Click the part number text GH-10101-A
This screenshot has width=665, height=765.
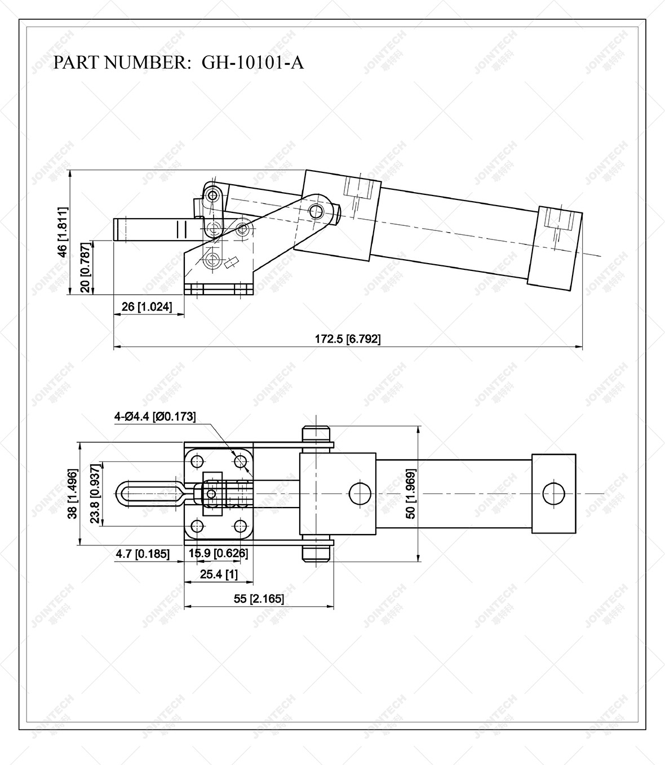click(x=252, y=63)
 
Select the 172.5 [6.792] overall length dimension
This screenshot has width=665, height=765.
click(x=348, y=339)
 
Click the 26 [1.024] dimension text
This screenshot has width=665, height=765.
click(x=146, y=307)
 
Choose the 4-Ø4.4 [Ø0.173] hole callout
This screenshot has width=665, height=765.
click(x=155, y=417)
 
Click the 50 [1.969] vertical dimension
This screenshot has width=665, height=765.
click(x=411, y=493)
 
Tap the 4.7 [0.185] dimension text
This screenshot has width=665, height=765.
click(x=142, y=554)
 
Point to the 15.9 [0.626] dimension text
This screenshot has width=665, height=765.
click(x=218, y=553)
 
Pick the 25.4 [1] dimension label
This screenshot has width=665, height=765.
click(x=219, y=575)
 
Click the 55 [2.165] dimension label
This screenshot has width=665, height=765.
click(x=259, y=599)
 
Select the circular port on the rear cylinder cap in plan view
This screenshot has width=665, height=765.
click(x=553, y=493)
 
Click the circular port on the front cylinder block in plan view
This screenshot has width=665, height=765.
click(x=360, y=493)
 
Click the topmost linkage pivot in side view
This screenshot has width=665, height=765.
click(x=212, y=195)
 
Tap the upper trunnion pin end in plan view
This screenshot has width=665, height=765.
click(x=316, y=435)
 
